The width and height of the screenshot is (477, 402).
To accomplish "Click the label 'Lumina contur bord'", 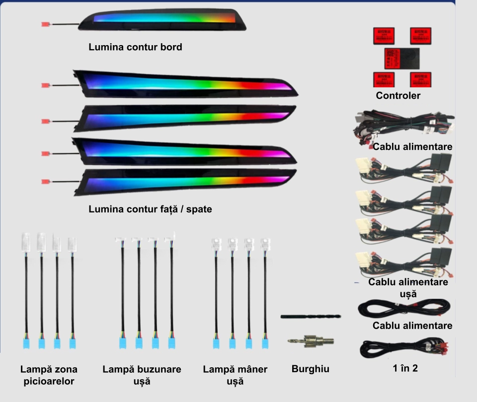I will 135,48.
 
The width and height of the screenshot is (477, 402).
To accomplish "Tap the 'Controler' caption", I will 398,96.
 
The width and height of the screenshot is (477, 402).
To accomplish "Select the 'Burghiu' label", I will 310,369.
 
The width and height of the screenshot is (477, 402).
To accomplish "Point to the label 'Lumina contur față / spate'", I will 150,209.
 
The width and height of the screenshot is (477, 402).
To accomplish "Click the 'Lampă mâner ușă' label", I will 235,375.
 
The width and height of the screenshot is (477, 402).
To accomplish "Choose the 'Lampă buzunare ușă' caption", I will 142,375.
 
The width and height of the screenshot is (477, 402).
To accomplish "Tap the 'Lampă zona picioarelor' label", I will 49,375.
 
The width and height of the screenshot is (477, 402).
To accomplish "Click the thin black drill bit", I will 311,316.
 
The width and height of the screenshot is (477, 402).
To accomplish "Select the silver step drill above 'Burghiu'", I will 311,342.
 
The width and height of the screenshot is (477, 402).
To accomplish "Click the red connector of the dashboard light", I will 46,24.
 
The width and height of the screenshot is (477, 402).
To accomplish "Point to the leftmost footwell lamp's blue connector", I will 26,342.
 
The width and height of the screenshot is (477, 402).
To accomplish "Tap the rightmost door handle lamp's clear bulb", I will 265,244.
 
